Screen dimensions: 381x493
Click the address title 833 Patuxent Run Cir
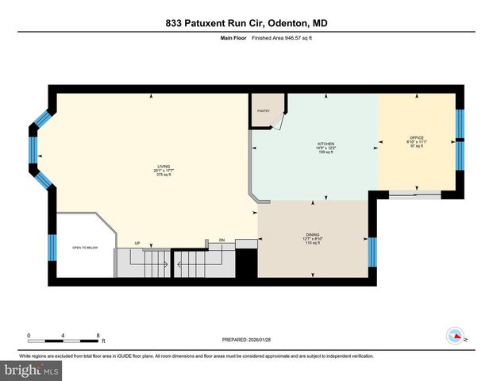246,23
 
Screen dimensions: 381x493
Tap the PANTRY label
262,112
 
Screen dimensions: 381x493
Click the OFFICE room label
417,137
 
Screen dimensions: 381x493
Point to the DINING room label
313,235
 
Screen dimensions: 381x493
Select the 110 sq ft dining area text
313,244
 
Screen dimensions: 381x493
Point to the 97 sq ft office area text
417,147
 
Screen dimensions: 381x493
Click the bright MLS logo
33,370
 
